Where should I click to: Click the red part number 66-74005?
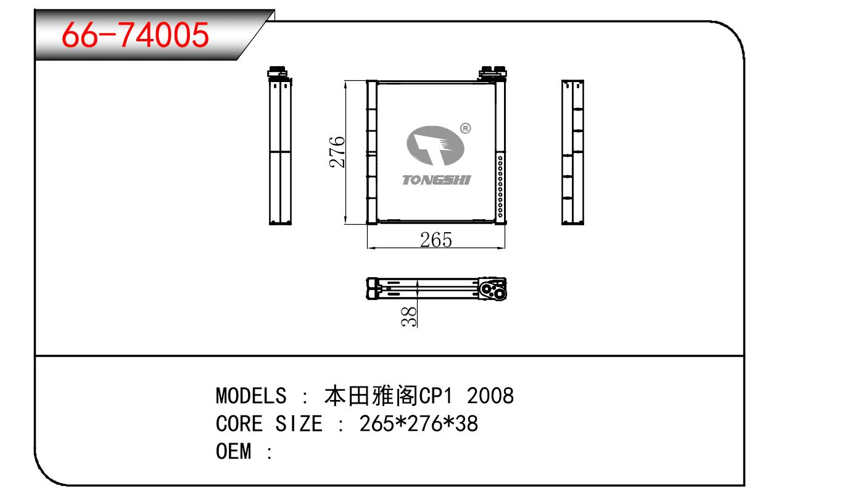(135, 35)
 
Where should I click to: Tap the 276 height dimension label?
(337, 151)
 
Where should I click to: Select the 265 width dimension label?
(436, 240)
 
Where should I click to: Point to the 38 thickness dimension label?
(409, 317)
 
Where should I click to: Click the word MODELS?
(251, 396)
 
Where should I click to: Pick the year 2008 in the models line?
(490, 396)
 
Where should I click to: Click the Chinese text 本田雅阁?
(371, 396)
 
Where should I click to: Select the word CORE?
(239, 423)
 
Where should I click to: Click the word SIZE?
(299, 423)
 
